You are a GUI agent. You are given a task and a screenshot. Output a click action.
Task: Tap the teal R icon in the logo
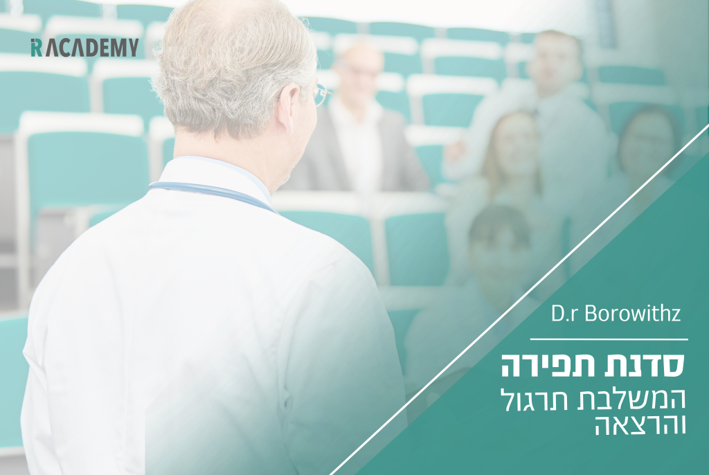36,48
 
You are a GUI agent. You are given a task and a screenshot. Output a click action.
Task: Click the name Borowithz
633,313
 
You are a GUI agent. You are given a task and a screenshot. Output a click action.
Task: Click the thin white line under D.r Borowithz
609,339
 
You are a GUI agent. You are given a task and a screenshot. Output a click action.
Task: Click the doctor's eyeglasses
321,95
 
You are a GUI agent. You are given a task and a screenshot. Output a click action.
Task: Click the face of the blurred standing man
555,62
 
